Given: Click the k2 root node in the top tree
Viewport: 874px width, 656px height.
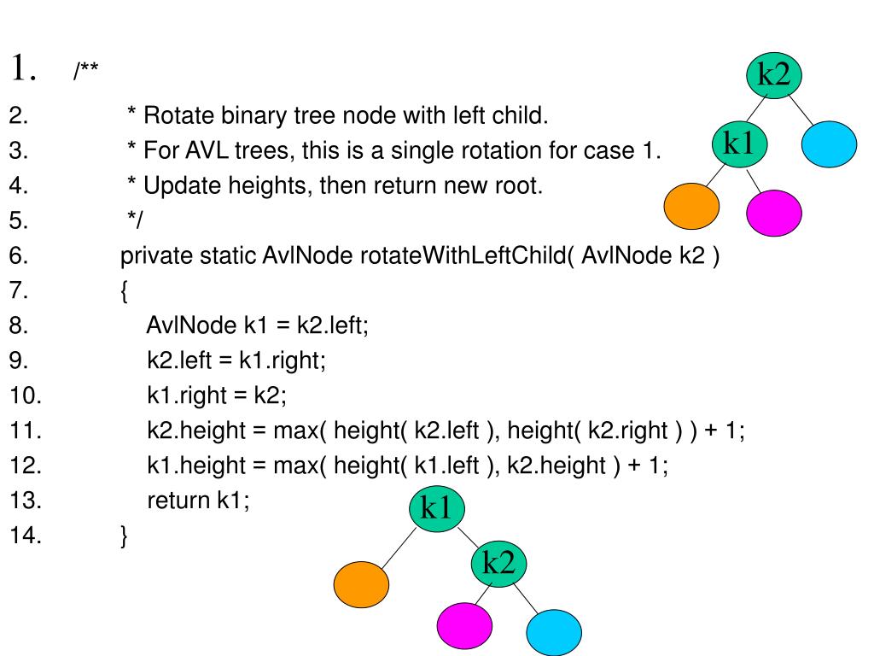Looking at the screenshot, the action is click(773, 75).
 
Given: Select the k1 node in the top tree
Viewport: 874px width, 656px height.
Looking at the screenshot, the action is click(740, 143).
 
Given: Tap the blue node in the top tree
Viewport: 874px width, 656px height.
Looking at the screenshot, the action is click(829, 143).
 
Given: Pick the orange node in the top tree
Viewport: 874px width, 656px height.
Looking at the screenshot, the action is click(691, 206).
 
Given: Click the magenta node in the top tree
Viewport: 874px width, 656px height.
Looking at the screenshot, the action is click(773, 213).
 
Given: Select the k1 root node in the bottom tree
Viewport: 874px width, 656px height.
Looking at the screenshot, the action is click(436, 508).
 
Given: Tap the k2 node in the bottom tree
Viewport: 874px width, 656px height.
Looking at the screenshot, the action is click(498, 564).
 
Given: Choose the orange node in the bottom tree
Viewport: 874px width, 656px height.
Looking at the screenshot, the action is click(361, 584).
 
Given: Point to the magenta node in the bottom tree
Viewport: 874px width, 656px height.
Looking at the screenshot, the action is click(464, 625).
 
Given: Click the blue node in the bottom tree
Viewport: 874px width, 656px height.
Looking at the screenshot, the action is click(553, 633).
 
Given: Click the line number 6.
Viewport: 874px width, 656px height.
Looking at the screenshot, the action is click(19, 255).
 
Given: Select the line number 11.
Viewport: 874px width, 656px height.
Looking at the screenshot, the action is click(25, 430).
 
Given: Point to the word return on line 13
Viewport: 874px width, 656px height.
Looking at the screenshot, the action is click(178, 501).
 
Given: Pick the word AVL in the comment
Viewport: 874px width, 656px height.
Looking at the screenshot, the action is click(207, 150).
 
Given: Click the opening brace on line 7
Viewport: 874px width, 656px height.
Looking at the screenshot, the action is click(124, 291).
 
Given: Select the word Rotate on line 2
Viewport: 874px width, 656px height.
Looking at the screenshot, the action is click(179, 115).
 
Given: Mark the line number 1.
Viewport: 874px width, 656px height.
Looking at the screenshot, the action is click(23, 68).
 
